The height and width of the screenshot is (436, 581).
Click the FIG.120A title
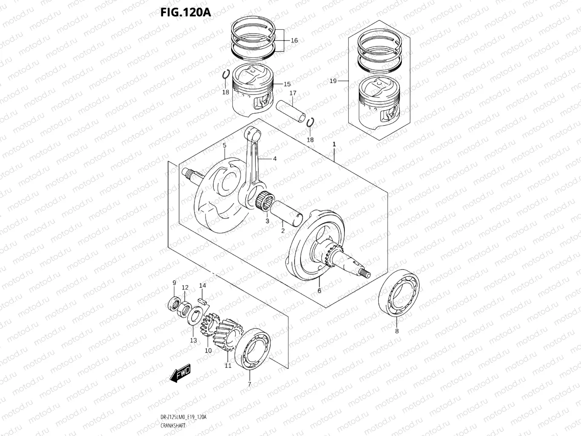[x=186, y=11]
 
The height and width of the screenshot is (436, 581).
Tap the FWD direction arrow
[x=180, y=373]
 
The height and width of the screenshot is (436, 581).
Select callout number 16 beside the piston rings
[x=294, y=40]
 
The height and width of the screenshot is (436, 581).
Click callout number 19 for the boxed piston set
[x=333, y=81]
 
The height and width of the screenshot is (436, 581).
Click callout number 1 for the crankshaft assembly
[x=334, y=144]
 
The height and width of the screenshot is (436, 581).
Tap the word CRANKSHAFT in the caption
[x=172, y=426]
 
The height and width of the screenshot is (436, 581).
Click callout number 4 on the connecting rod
[x=275, y=158]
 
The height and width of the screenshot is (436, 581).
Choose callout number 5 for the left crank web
[x=224, y=146]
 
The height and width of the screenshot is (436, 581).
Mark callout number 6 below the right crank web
[x=319, y=291]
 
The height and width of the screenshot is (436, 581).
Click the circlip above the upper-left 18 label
[x=226, y=75]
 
